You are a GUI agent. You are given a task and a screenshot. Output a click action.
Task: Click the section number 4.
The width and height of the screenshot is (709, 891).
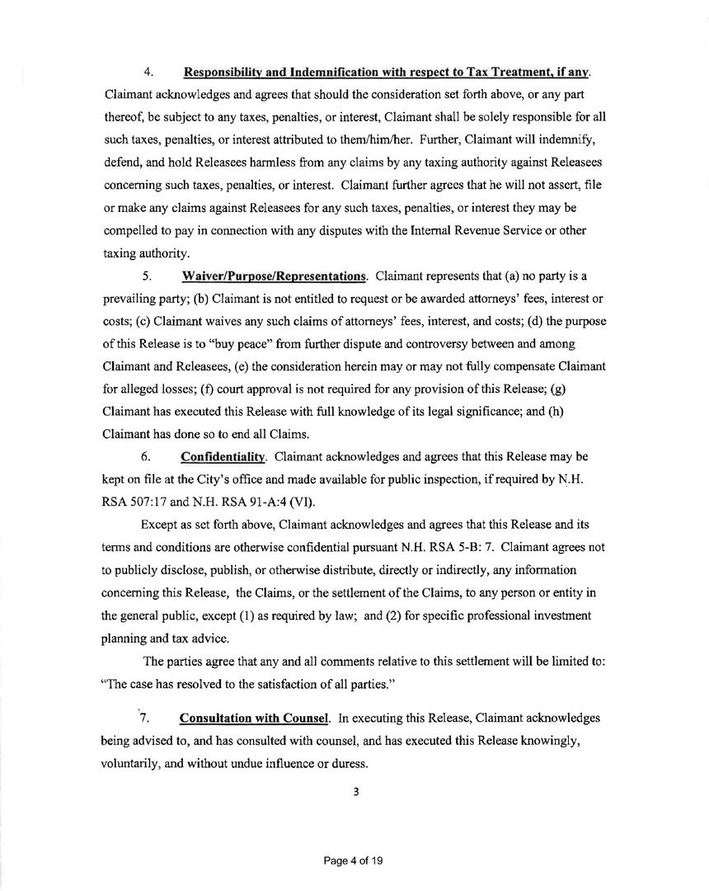tap(146, 73)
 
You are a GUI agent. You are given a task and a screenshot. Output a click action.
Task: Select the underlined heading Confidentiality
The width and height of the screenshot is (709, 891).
tap(223, 456)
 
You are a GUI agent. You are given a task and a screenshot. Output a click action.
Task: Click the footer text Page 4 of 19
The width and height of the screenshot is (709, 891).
tap(354, 860)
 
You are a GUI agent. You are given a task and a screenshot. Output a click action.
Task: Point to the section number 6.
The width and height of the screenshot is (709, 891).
tap(146, 456)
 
